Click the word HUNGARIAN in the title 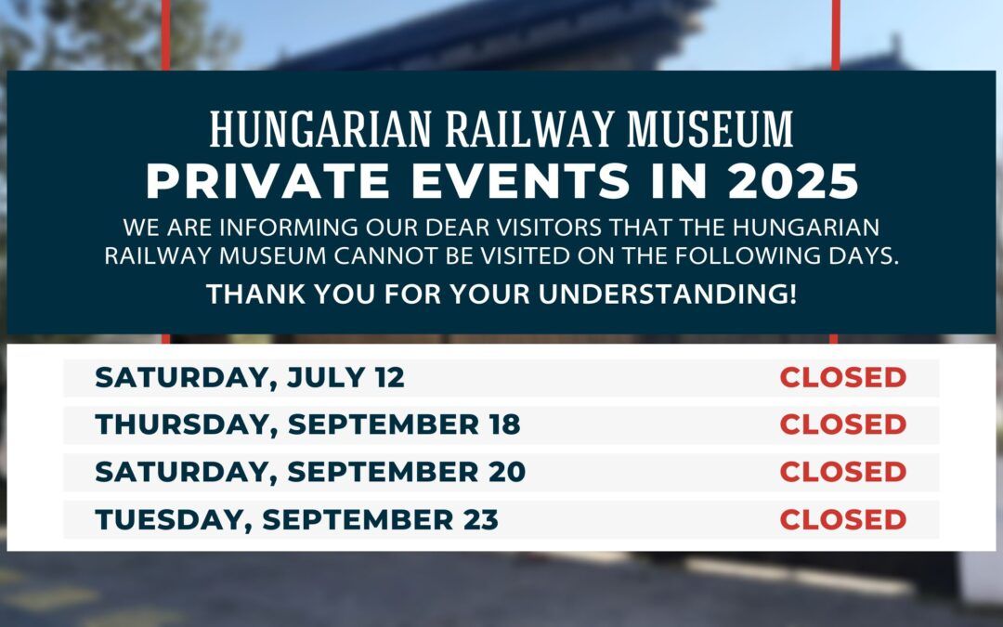320,129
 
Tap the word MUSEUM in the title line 710,129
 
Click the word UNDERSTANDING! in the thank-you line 668,294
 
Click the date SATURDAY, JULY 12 250,377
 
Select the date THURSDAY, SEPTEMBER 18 307,425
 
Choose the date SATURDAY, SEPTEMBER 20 310,472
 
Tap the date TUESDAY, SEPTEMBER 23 297,519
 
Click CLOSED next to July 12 843,377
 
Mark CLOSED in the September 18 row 843,425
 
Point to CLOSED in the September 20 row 843,472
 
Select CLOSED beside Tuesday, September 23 843,519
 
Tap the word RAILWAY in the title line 529,129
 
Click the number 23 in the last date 481,519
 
